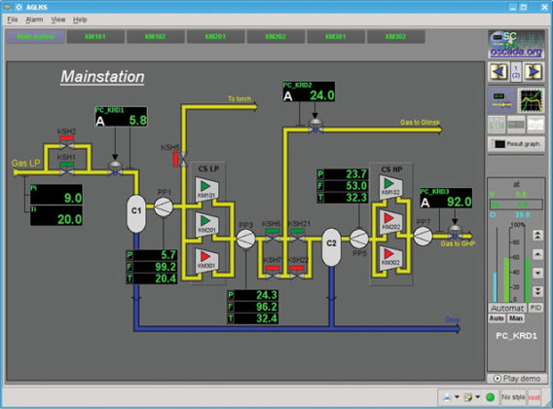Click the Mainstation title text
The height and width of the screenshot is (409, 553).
pos(102,76)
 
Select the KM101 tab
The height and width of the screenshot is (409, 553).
pos(94,36)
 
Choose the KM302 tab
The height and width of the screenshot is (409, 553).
pos(395,36)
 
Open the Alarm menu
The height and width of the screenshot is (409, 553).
pos(34,19)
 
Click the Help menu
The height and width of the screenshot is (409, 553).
pos(80,19)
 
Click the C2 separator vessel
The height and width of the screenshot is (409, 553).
pos(331,239)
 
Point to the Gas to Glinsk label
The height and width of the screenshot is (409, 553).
pos(420,124)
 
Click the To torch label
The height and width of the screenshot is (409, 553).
pos(240,99)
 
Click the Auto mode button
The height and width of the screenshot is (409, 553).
pos(497,318)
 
